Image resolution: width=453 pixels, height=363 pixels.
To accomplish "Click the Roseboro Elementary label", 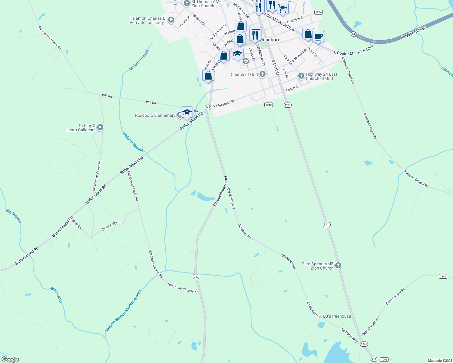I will [x=155, y=116].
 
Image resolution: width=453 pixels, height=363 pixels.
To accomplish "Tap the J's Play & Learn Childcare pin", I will [x=101, y=127].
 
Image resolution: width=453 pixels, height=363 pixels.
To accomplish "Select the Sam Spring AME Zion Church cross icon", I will [x=338, y=266].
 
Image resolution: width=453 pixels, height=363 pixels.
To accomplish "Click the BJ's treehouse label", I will [x=337, y=316].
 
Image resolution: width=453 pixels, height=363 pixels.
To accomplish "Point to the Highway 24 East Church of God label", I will [x=321, y=76].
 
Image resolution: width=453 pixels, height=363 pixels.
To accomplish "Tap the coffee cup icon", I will [x=318, y=37].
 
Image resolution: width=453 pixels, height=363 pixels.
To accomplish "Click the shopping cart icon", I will [x=283, y=8].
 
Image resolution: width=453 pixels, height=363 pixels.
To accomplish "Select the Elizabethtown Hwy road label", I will [x=220, y=191].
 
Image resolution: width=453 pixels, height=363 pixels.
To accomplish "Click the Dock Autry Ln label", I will [x=111, y=226].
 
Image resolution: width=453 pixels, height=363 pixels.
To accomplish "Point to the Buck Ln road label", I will [x=77, y=224].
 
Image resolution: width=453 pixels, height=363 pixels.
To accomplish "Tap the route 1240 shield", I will [x=443, y=276].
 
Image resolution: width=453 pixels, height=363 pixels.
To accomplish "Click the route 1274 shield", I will [x=318, y=12].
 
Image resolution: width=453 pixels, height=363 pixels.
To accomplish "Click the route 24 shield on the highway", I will [x=353, y=34].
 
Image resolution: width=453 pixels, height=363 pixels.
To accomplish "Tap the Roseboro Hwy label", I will [x=414, y=32].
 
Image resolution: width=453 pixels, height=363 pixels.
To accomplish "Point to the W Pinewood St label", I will [x=223, y=103].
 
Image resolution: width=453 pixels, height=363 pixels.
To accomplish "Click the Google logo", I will [x=10, y=359].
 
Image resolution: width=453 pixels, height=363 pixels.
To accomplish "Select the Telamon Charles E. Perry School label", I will [x=148, y=20].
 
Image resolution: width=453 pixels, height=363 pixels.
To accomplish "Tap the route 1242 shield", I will [x=268, y=105].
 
